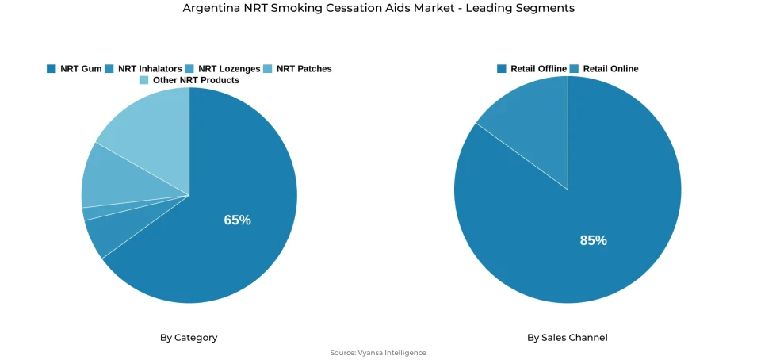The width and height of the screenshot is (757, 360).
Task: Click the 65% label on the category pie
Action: click(x=237, y=220)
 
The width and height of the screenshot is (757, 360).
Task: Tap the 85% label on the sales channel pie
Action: click(x=593, y=240)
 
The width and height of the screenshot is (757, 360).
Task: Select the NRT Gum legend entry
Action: click(x=75, y=69)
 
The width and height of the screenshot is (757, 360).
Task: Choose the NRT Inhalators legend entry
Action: click(x=143, y=69)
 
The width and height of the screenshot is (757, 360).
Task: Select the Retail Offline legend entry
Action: click(x=532, y=69)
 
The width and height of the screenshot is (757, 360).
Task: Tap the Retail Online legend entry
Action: click(x=604, y=69)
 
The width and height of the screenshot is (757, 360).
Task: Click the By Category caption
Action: click(x=189, y=338)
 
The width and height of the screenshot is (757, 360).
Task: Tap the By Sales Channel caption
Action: click(x=567, y=338)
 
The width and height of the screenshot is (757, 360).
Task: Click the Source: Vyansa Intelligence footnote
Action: click(x=378, y=353)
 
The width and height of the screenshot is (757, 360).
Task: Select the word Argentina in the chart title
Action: click(x=208, y=8)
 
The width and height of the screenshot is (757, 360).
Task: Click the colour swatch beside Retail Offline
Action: click(x=501, y=69)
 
